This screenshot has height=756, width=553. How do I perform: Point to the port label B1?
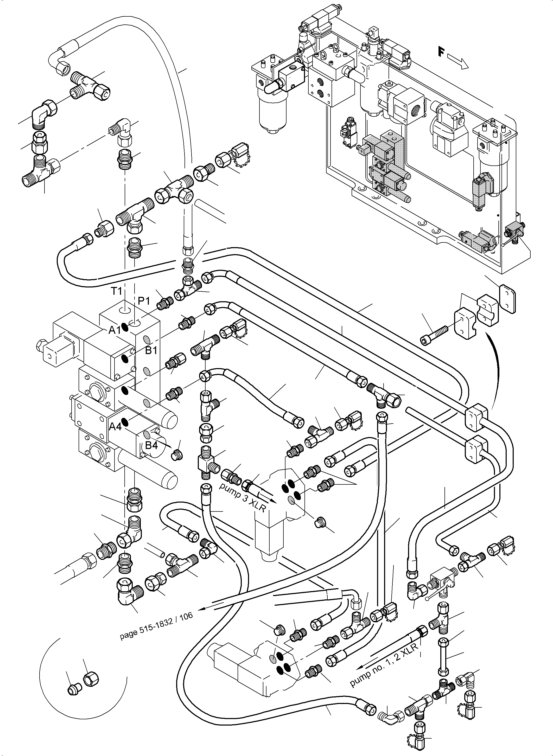(x=151, y=350)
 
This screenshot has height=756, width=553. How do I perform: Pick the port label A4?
(x=115, y=427)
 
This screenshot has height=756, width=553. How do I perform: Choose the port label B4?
(x=151, y=445)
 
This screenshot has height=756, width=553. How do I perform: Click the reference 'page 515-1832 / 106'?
(x=156, y=626)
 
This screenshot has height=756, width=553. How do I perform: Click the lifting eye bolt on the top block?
(x=324, y=54)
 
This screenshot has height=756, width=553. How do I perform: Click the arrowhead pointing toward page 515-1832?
(x=201, y=610)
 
